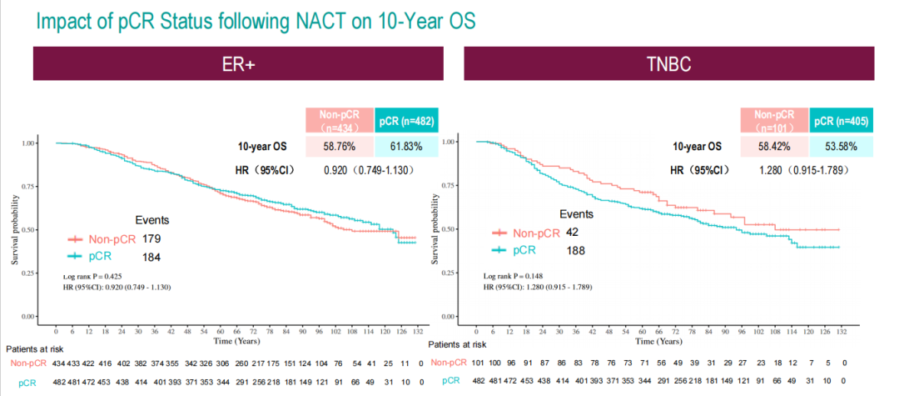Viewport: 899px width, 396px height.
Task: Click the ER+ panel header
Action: point(237,65)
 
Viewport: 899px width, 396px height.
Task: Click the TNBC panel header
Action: point(668,65)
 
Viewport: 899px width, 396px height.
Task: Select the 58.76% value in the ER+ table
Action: point(340,147)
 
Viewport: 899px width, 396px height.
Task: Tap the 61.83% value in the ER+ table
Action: point(405,147)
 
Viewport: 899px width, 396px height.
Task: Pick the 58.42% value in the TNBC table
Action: point(774,147)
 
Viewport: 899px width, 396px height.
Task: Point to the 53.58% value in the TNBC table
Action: point(842,147)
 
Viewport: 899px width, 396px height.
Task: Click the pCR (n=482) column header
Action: point(405,121)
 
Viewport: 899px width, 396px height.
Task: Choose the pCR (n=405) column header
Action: point(842,121)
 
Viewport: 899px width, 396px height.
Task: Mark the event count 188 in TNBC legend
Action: point(576,250)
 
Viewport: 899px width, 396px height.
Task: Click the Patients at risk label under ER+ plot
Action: point(34,348)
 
